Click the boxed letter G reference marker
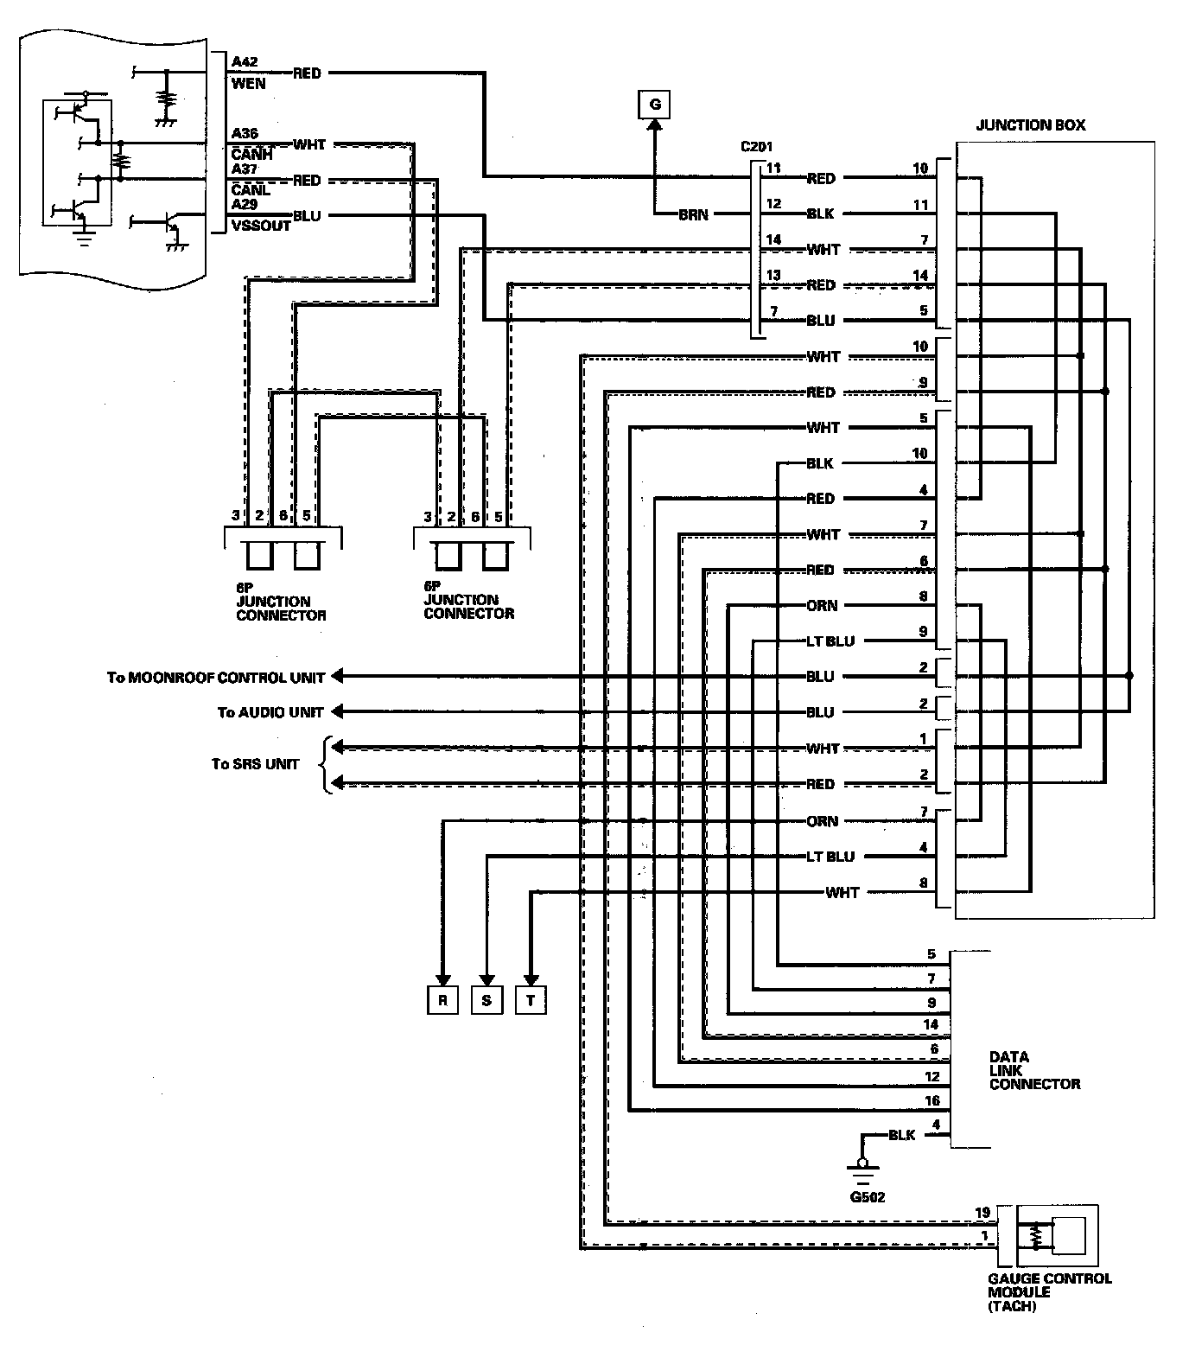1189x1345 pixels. [x=655, y=105]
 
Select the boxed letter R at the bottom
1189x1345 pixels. [x=442, y=1000]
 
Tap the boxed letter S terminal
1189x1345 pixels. [x=486, y=1000]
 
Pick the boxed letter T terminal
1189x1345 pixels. [x=531, y=1000]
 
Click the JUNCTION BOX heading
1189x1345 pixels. [x=1030, y=125]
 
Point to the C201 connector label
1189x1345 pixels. [x=756, y=146]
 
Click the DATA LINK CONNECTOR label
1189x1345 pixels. [x=1034, y=1070]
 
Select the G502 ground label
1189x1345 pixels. [x=867, y=1197]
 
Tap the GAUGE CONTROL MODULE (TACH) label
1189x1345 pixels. [x=1049, y=1292]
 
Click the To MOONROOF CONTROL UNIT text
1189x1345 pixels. [x=216, y=677]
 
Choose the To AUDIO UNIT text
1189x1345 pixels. [x=270, y=712]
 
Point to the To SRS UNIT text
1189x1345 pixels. [x=255, y=764]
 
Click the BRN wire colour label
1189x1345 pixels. [x=693, y=214]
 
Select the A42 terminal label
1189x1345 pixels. [x=245, y=62]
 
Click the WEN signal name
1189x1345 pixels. [x=248, y=84]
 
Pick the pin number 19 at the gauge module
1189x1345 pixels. [x=982, y=1213]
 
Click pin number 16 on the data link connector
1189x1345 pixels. [x=932, y=1100]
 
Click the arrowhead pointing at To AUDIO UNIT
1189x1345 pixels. [x=338, y=711]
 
